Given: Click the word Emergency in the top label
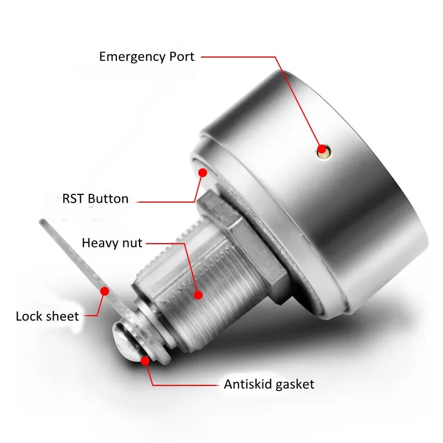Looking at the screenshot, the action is point(132,58).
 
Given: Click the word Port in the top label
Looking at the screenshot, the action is point(182,56).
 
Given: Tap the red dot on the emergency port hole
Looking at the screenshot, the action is point(322,149).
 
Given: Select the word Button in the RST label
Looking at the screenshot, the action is point(108,199).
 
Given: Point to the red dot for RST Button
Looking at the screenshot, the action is point(203,173).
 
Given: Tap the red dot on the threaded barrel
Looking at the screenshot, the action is point(198,295).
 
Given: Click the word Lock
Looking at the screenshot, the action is point(29,316).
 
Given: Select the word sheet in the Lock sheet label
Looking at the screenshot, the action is point(62,316).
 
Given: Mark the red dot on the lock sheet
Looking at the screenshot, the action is point(105,291).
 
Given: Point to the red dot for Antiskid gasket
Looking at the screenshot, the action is point(145,361).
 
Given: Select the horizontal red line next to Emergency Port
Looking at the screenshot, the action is point(239,57).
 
